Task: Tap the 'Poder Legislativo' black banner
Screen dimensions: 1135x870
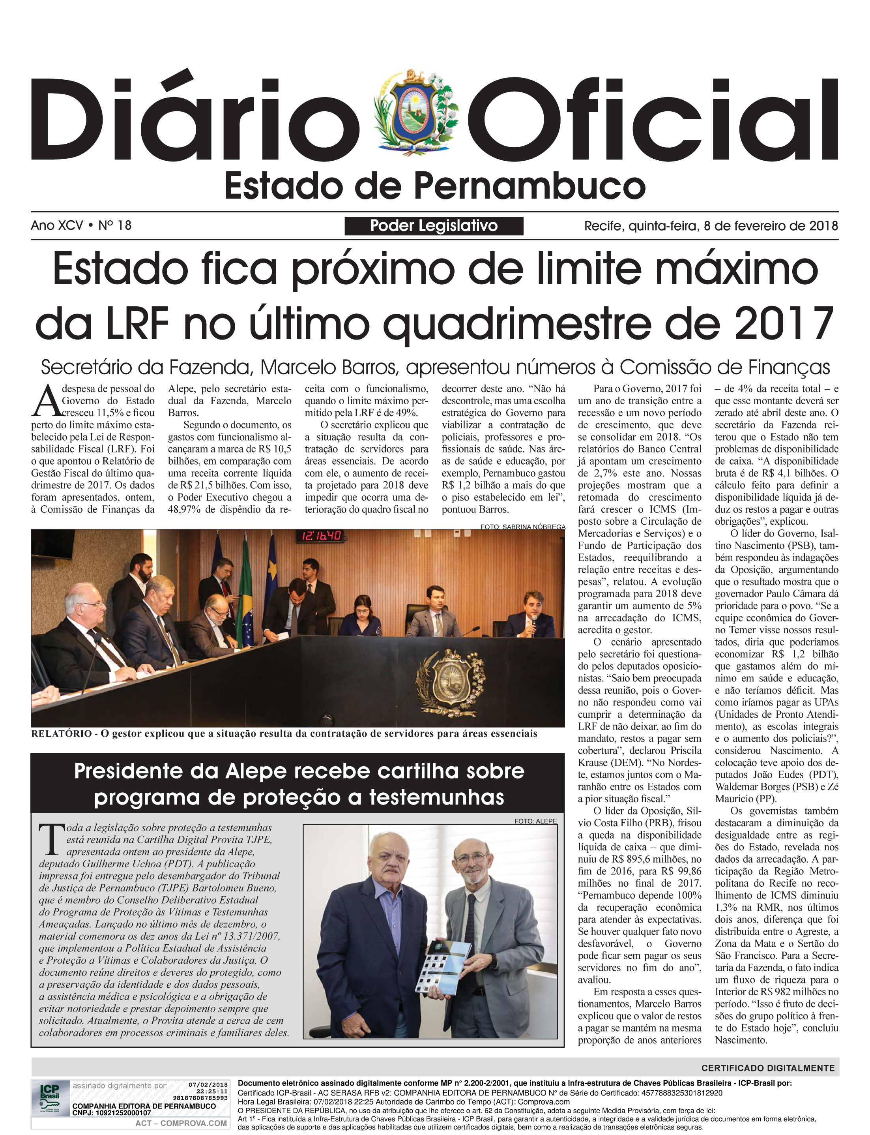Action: click(x=434, y=226)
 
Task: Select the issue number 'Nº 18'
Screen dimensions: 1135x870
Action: click(x=114, y=225)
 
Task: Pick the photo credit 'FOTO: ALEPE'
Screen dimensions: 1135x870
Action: click(x=535, y=821)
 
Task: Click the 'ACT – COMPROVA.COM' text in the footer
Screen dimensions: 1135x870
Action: click(x=181, y=1123)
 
